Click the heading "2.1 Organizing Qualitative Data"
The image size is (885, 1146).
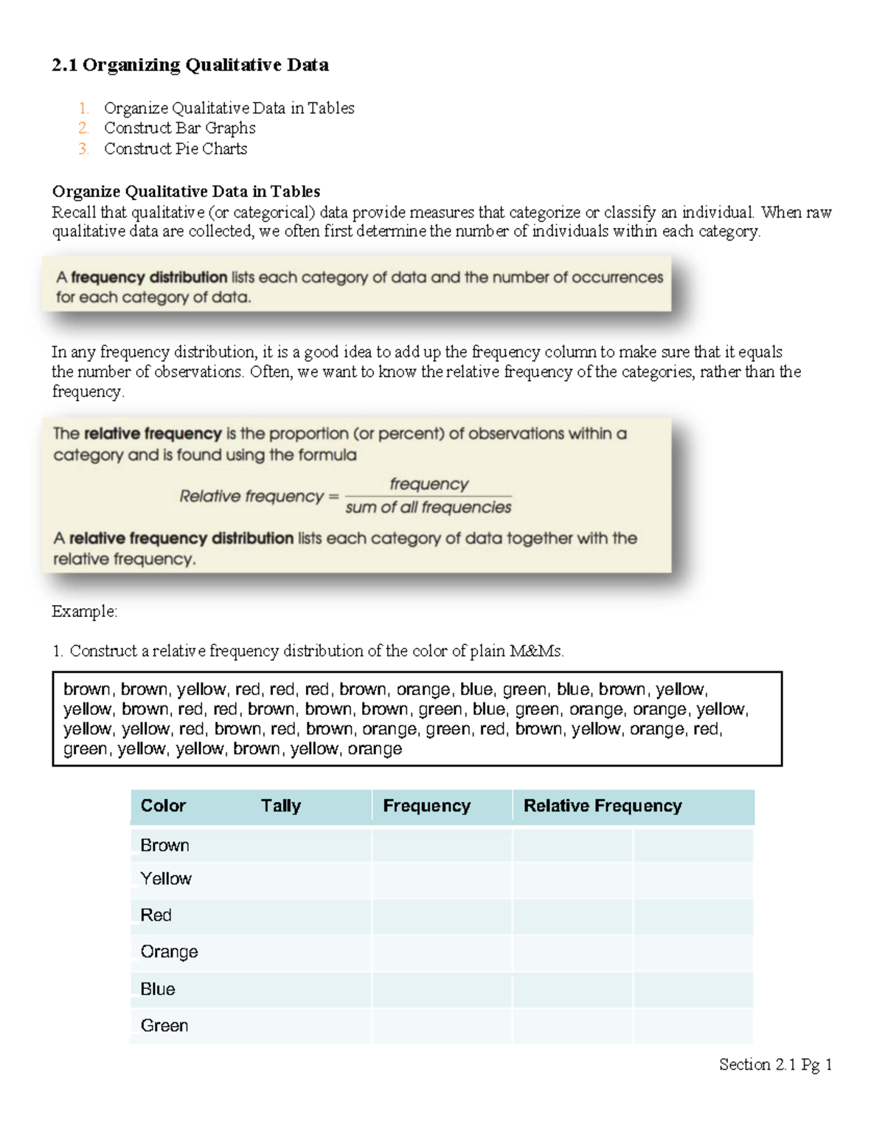tap(190, 65)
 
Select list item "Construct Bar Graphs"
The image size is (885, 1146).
tap(179, 128)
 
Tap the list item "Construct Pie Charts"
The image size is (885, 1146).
tap(175, 148)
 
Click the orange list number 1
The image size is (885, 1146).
tap(83, 108)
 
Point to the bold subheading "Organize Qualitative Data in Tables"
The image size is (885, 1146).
tap(186, 192)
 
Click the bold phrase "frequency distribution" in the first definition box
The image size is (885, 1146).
tap(149, 277)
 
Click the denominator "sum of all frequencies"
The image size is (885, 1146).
tap(428, 508)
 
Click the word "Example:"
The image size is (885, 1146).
tap(84, 611)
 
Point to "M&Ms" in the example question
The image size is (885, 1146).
tap(541, 651)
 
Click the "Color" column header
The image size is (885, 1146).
tap(163, 806)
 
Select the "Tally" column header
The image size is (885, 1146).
tap(280, 806)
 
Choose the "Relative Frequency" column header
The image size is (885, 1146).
tap(602, 806)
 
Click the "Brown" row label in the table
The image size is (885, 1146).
tap(164, 845)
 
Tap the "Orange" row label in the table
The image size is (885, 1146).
tap(169, 952)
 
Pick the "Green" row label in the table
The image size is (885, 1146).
tap(164, 1026)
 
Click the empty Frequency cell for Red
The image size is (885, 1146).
tap(441, 916)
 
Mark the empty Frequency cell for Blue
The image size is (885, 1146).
tap(441, 989)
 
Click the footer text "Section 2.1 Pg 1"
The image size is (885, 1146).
tap(775, 1064)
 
